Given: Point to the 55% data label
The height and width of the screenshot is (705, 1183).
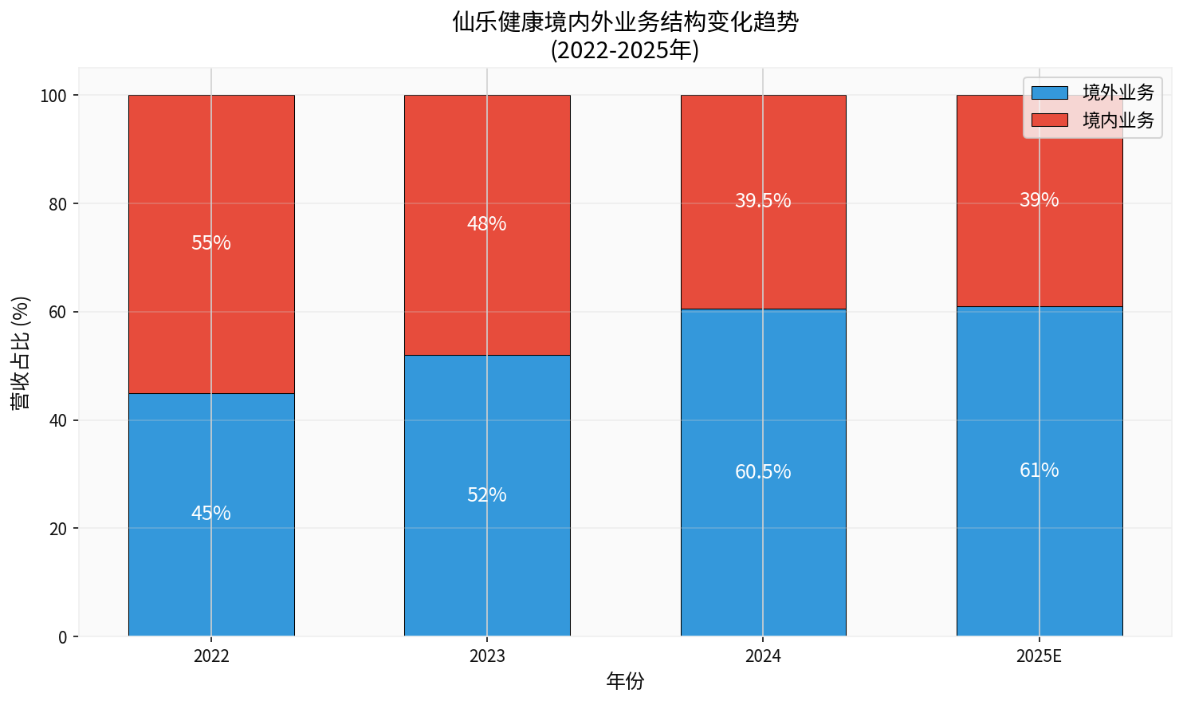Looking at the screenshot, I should (x=211, y=243).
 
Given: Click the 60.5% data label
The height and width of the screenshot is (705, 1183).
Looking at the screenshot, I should (x=763, y=472).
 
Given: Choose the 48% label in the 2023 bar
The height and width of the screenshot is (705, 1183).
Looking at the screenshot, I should (x=487, y=224).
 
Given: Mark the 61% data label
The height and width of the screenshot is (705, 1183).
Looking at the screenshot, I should (x=1040, y=471).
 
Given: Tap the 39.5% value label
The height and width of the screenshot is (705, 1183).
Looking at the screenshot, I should (x=763, y=201).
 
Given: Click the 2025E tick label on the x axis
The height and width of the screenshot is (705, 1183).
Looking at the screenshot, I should (x=1040, y=657).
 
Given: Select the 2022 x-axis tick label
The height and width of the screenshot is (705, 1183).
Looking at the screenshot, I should (x=211, y=657).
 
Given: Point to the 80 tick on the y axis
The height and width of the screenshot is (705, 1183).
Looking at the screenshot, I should (x=57, y=204).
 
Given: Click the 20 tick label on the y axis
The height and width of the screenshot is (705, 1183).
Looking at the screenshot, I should (x=57, y=529).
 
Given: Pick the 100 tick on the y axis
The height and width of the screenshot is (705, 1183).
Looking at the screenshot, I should (x=54, y=96).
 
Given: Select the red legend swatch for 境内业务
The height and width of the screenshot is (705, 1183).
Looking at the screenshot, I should (x=1049, y=120).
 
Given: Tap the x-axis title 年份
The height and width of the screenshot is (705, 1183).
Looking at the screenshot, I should (x=625, y=681).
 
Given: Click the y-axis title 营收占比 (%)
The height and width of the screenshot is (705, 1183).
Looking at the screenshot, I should (x=22, y=352).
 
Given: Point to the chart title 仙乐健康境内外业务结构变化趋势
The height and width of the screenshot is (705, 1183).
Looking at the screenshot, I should (x=625, y=22).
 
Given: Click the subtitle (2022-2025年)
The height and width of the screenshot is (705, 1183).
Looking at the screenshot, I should (x=625, y=50).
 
